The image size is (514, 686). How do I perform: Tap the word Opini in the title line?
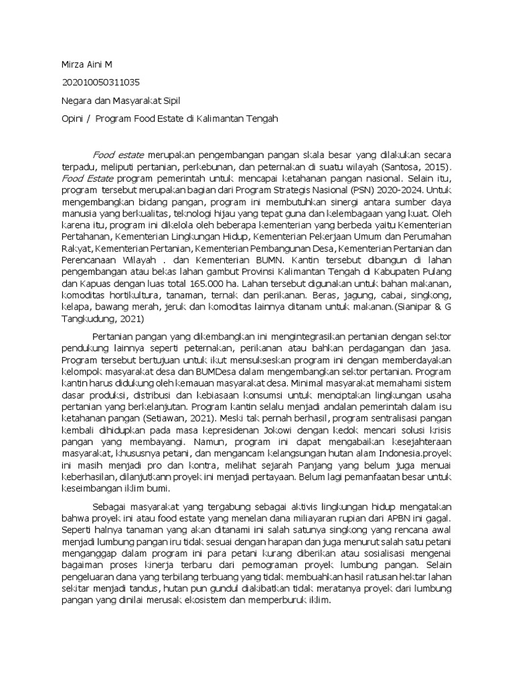[x=70, y=119]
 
